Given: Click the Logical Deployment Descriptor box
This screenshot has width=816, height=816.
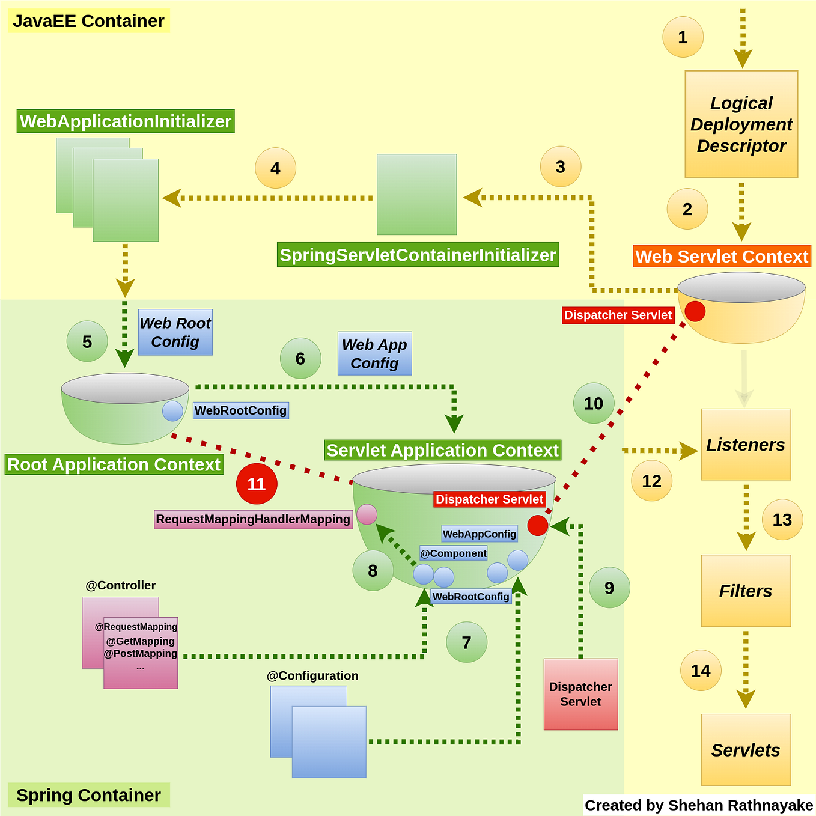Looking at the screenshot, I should [x=741, y=124].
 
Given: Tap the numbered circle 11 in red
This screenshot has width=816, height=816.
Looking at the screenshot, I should [x=257, y=484].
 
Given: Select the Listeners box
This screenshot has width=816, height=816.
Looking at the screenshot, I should [x=746, y=445].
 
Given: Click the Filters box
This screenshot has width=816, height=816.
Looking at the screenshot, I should [x=746, y=591].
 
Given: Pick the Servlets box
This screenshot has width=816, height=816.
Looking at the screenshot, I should [x=746, y=750].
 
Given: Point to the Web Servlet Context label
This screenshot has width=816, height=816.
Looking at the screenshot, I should [x=722, y=257].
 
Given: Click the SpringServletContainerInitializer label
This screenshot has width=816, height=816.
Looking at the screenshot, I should [x=418, y=255].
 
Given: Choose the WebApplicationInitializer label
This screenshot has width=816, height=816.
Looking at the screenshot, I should [x=125, y=121].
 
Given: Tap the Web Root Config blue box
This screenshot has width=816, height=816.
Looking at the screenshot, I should [x=175, y=332].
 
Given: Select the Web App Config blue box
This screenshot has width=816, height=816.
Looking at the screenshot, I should [x=374, y=354].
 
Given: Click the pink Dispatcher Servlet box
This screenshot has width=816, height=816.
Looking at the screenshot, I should [x=580, y=694].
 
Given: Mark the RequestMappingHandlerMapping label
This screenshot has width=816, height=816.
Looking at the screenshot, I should [x=253, y=519].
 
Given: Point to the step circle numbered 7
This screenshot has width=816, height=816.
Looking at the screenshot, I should [x=466, y=642].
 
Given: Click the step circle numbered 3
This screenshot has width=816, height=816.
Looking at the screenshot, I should [x=560, y=166].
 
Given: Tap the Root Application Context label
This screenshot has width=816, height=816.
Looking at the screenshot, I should [x=114, y=464].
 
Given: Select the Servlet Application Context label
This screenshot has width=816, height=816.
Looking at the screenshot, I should [x=442, y=450].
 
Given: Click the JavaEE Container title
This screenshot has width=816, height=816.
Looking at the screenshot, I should [x=88, y=21].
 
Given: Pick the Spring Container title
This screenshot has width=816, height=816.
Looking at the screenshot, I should [x=88, y=795].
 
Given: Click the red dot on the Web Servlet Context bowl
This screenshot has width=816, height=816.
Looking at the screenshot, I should [x=695, y=311].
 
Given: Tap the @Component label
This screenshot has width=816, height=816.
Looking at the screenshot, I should [x=453, y=553].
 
